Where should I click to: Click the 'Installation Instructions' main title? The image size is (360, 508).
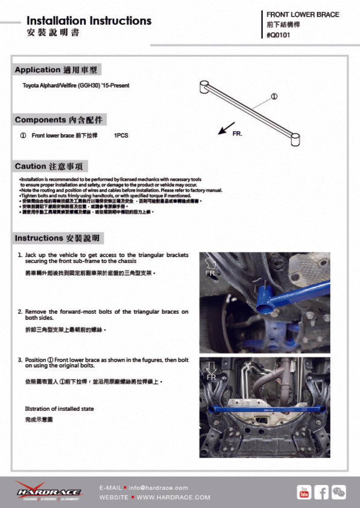point(89,21)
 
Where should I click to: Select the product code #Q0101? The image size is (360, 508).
point(278,36)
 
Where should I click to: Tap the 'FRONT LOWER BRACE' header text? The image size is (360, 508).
point(303,15)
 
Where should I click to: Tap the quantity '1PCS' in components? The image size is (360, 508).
point(121,135)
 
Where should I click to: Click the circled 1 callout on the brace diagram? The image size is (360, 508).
point(274,97)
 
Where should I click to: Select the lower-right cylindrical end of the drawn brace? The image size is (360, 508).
point(296,139)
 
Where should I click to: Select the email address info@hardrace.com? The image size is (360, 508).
point(158,488)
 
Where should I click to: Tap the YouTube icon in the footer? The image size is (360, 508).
point(304,492)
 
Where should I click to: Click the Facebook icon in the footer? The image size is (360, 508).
point(322,492)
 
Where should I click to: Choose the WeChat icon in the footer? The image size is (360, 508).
point(339,492)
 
